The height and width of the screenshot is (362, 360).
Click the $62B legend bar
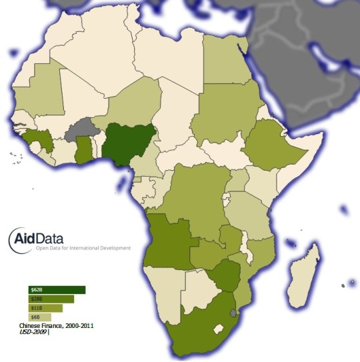coord(57,290)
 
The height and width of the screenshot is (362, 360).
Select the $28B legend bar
coord(51,299)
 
